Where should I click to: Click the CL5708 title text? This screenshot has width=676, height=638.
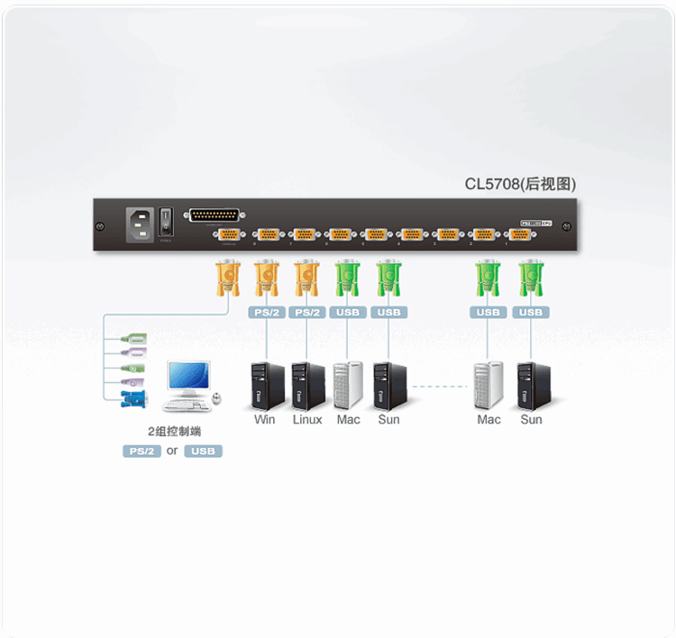[x=520, y=185]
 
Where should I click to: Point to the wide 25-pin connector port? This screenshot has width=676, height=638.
[x=214, y=216]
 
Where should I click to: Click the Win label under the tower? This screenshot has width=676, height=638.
[x=265, y=420]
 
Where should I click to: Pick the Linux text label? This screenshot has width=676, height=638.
[x=307, y=420]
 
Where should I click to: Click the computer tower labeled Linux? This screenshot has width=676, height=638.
[x=307, y=387]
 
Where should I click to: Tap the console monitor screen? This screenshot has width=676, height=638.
[x=188, y=378]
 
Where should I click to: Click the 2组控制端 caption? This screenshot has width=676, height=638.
[x=172, y=431]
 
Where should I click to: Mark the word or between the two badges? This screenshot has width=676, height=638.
[x=172, y=451]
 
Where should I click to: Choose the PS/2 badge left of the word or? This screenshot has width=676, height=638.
[x=142, y=451]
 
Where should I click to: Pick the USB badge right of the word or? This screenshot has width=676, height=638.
[x=203, y=451]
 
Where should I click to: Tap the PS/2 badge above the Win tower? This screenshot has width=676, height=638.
[x=266, y=313]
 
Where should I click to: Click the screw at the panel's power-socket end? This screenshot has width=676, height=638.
[x=102, y=226]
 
